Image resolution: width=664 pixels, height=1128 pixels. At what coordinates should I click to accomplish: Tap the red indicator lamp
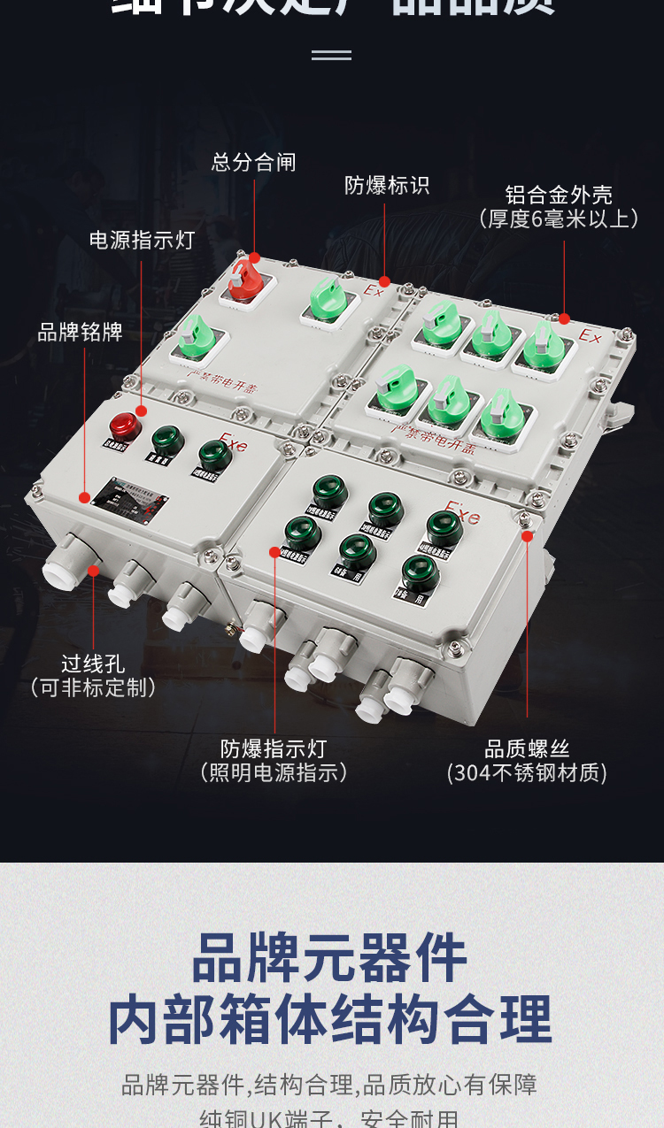point(125,426)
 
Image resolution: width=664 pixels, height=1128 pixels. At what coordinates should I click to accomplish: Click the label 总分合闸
point(253,162)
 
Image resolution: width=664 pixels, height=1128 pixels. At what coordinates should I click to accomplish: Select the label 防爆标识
point(387,185)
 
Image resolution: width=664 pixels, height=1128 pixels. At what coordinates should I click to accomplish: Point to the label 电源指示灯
point(142,240)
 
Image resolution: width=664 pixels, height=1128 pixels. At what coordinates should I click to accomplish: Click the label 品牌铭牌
point(80,333)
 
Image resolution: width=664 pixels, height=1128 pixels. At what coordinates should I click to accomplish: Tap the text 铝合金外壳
point(559,195)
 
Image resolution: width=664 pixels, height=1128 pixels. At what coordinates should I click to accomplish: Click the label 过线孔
point(93,664)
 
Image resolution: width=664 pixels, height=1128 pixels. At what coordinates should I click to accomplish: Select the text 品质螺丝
point(527,749)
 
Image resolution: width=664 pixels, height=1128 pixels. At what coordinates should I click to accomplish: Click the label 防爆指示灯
point(274,749)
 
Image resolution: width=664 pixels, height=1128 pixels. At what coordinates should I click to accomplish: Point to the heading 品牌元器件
point(330,958)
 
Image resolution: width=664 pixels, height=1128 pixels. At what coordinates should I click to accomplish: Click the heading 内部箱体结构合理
point(330,1020)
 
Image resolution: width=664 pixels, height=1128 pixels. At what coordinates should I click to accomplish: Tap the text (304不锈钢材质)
point(527,773)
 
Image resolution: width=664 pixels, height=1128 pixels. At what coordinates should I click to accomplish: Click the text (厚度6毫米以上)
point(559,219)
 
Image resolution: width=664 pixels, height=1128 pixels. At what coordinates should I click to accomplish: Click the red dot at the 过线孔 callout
point(93,571)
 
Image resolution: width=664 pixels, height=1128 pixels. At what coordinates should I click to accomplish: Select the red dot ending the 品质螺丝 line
point(528,535)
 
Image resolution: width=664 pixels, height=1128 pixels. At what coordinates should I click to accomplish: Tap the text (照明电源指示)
point(274,773)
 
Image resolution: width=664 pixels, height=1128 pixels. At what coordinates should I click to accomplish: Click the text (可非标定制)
point(93,687)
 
